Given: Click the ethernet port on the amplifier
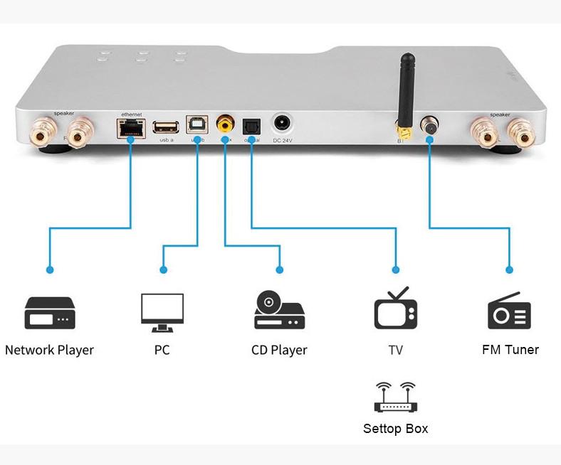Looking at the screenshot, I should [130, 129].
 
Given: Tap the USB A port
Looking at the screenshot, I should [166, 127].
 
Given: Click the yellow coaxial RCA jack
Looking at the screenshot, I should [226, 126].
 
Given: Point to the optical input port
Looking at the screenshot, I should [251, 126].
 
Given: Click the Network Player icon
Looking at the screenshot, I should [49, 313].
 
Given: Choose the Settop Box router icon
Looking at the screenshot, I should [395, 397].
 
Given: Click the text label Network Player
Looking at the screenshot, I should [49, 350].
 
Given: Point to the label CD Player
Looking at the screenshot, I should [279, 350].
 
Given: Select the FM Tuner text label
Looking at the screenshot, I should [510, 349].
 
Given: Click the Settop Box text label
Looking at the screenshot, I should [395, 429].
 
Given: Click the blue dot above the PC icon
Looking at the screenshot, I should [163, 270].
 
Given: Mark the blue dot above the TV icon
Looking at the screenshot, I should [396, 270].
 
